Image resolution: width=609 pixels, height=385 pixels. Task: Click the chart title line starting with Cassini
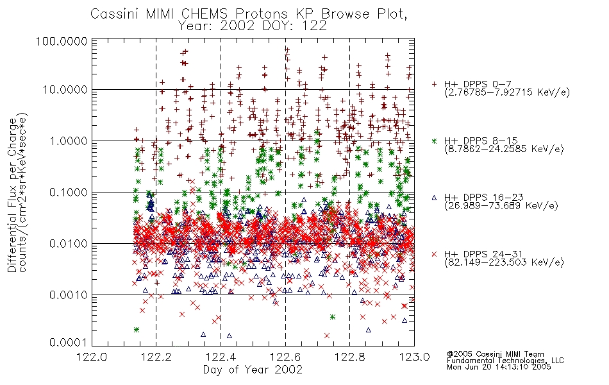(249, 14)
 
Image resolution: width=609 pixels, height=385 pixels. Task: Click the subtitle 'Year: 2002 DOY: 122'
(253, 26)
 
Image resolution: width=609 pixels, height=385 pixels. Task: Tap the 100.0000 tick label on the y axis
(62, 41)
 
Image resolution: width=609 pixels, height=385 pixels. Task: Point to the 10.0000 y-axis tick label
(65, 90)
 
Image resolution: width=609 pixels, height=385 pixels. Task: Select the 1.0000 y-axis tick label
(69, 141)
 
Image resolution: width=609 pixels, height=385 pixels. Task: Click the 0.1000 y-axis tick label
(69, 192)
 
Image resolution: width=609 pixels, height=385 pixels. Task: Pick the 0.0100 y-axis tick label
(69, 244)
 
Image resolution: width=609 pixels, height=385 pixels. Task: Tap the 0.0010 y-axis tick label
(69, 295)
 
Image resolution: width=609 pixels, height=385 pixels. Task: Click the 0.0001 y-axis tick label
(69, 343)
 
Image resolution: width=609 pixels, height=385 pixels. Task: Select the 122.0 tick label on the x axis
(92, 357)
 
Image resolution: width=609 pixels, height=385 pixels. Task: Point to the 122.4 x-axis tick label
(221, 357)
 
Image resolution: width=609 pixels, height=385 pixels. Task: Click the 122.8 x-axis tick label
(349, 357)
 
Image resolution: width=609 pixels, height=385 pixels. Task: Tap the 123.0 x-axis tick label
(414, 357)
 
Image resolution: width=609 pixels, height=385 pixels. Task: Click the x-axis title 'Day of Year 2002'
(253, 370)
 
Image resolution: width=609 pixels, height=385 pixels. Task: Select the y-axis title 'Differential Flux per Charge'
(12, 194)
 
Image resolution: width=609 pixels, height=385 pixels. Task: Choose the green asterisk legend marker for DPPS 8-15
(434, 141)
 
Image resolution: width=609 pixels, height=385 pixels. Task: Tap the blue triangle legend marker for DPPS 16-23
(434, 198)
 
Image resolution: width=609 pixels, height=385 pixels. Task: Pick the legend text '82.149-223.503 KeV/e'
(504, 262)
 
